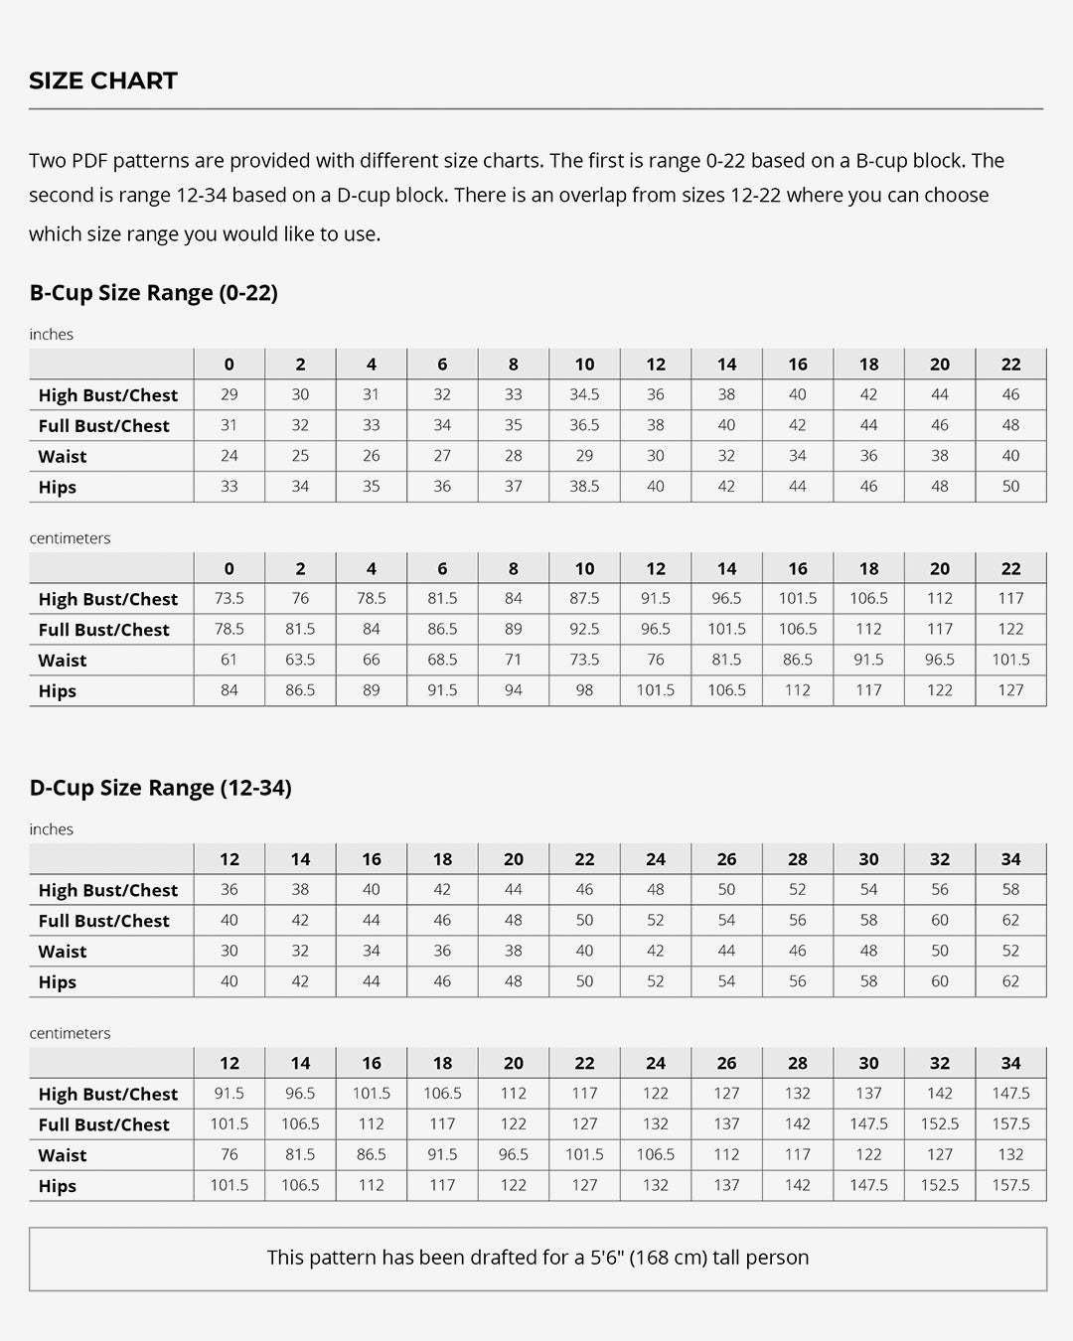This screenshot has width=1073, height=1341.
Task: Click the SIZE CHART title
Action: [x=103, y=80]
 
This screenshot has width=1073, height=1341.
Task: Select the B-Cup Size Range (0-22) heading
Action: [x=154, y=293]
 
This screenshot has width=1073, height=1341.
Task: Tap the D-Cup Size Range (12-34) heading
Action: [x=161, y=788]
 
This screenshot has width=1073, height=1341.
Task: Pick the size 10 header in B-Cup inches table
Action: [x=584, y=365]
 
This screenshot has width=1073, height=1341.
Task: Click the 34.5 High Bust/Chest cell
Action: [x=584, y=394]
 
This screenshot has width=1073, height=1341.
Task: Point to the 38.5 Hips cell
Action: [x=584, y=487]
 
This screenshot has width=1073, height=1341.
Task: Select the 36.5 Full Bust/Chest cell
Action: [x=584, y=425]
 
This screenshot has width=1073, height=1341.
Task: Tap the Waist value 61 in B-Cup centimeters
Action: [x=230, y=660]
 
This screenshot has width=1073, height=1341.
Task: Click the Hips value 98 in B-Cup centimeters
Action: [x=584, y=690]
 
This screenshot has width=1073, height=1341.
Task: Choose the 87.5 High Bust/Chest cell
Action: [x=584, y=598]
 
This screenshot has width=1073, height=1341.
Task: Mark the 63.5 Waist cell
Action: [x=300, y=660]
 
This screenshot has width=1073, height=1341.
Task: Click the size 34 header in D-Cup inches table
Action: [x=1010, y=859]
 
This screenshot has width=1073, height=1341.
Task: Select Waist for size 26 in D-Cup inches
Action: [x=726, y=951]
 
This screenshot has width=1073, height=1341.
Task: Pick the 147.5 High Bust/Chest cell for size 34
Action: [x=1010, y=1093]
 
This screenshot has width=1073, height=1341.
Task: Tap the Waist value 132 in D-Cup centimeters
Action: [x=1010, y=1154]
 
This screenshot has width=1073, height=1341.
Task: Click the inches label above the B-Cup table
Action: [x=52, y=335]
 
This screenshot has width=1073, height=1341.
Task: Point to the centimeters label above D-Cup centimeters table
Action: [x=70, y=1033]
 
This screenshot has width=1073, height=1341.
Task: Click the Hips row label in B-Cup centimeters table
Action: [x=58, y=691]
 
